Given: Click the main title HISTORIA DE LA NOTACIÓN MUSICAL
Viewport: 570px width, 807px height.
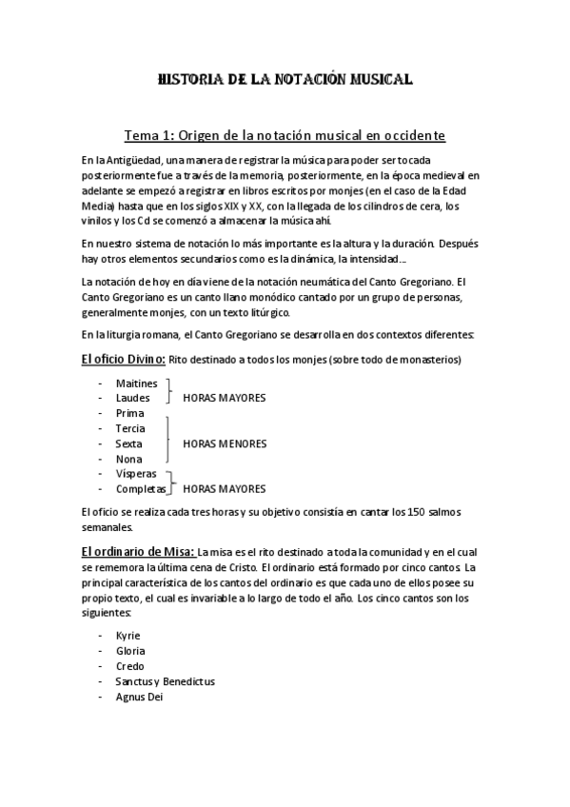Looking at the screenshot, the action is point(285,82).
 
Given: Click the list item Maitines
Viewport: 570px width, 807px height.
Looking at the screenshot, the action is point(136,383).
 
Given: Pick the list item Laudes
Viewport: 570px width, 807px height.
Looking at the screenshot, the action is point(133,398).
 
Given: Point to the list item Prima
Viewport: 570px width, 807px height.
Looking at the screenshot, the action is point(130,413).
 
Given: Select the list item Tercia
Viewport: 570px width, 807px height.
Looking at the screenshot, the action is point(131,428).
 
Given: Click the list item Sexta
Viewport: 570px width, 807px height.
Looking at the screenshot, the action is point(129,443).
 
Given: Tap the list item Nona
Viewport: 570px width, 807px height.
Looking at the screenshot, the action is point(129,459).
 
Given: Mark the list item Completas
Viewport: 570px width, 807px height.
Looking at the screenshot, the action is point(140,489).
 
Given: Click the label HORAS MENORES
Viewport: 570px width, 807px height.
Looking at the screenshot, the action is point(225,443).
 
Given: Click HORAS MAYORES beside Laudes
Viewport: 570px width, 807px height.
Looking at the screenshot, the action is point(225,398).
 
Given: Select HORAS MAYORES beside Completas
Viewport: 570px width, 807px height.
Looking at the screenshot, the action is point(225,489).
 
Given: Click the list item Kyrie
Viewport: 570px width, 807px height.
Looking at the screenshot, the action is point(128,636).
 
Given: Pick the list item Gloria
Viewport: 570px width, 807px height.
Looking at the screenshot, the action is point(130,651).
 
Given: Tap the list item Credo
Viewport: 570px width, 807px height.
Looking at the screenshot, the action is point(129,666).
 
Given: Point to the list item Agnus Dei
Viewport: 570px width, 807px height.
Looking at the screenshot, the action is point(141,697).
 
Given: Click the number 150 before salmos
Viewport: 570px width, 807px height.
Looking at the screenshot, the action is point(416,513).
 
